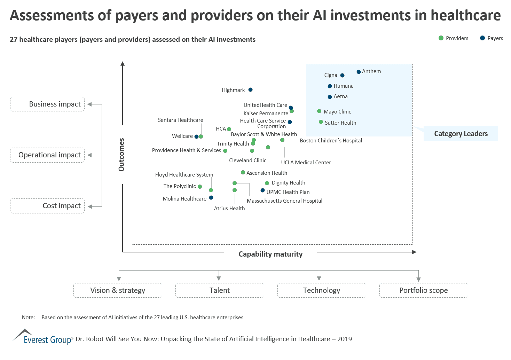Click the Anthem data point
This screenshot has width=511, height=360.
pyautogui.click(x=359, y=72)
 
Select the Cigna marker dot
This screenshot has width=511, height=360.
pyautogui.click(x=342, y=75)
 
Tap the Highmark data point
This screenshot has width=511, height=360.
pyautogui.click(x=250, y=90)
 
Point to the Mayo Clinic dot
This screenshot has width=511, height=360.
pyautogui.click(x=319, y=111)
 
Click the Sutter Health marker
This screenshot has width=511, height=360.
pyautogui.click(x=321, y=122)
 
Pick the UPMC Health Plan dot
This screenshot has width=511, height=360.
pyautogui.click(x=263, y=190)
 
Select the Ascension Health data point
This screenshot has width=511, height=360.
pyautogui.click(x=243, y=172)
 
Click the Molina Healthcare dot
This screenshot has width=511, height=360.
pyautogui.click(x=211, y=198)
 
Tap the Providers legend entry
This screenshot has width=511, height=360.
pyautogui.click(x=453, y=38)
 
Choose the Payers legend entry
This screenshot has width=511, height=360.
pyautogui.click(x=491, y=38)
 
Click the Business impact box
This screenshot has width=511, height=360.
pyautogui.click(x=47, y=104)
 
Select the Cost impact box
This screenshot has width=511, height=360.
pyautogui.click(x=47, y=206)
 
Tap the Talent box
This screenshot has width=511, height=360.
pyautogui.click(x=220, y=290)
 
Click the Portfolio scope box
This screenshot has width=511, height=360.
pyautogui.click(x=424, y=290)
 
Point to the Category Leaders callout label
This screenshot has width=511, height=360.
pyautogui.click(x=461, y=134)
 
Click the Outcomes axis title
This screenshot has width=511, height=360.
pyautogui.click(x=121, y=155)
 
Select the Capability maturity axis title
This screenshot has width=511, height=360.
pyautogui.click(x=270, y=254)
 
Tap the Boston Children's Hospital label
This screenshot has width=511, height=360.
pyautogui.click(x=331, y=141)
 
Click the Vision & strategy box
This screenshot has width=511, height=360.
pyautogui.click(x=118, y=290)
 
